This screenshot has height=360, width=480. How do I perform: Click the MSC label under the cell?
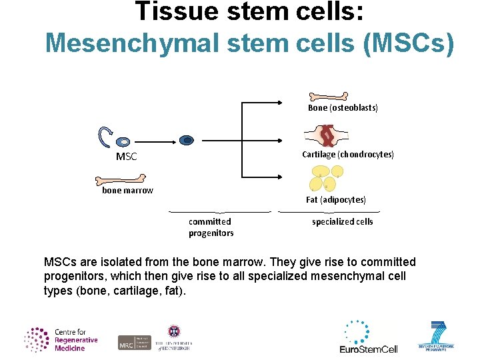pos(126,157)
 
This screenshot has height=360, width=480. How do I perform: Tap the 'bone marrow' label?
pos(127,190)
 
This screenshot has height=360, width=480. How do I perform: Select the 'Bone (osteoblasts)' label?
pos(343,107)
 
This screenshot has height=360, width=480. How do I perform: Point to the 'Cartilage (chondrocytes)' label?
pos(347,154)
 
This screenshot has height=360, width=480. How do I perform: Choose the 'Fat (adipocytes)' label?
pos(336,199)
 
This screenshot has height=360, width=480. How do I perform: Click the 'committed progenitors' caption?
pos(211,227)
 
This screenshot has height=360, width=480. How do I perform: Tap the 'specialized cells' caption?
pos(342,221)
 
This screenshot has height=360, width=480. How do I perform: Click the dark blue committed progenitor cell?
pos(187,140)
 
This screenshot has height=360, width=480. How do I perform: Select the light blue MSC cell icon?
pos(123,142)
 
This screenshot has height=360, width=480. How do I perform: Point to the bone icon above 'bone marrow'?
pos(120,179)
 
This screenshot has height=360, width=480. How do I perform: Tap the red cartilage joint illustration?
pos(326,136)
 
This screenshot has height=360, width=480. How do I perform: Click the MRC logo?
pos(135,342)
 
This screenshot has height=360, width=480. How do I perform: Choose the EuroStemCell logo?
pos(368,337)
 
